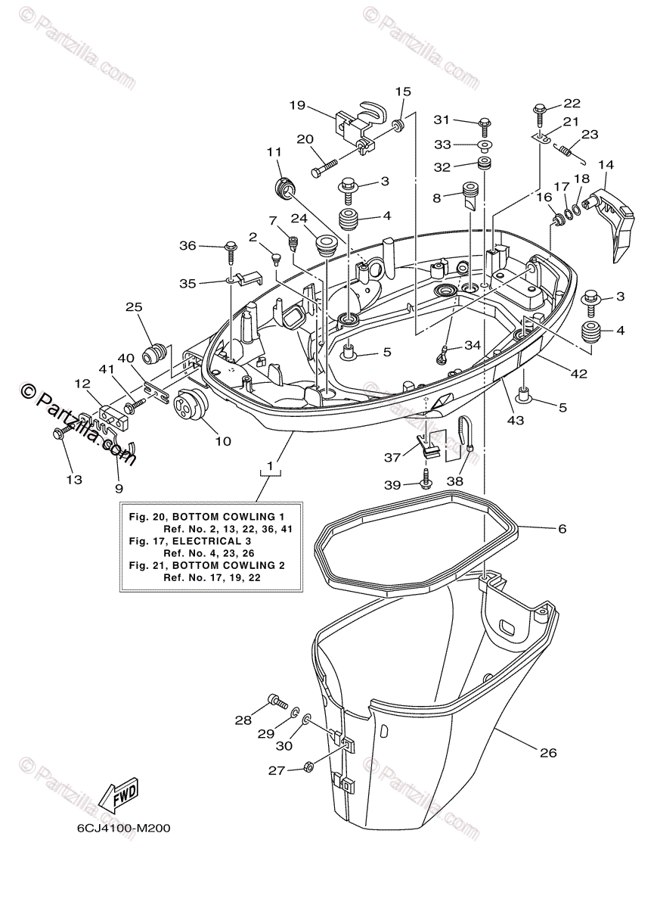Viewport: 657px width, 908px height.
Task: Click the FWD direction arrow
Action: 119,797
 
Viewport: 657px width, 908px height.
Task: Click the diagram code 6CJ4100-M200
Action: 123,828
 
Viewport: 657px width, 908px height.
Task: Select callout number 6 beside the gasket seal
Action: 562,529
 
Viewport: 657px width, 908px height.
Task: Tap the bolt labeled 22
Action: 541,110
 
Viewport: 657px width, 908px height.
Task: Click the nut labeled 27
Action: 308,768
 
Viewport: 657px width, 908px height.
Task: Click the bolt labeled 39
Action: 427,478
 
